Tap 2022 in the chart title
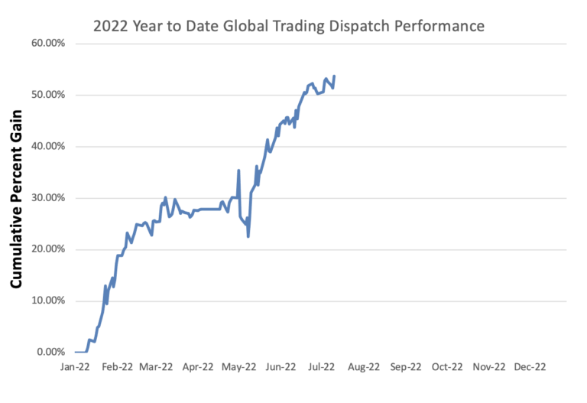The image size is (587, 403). [x=110, y=26]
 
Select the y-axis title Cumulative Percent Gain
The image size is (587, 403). [x=15, y=197]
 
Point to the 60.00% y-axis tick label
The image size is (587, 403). [x=47, y=43]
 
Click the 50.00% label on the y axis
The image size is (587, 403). [x=47, y=95]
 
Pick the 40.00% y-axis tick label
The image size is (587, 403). [x=47, y=146]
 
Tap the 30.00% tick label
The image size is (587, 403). [x=47, y=197]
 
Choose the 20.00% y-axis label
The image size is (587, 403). [x=47, y=249]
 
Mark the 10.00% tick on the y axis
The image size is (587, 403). [x=47, y=301]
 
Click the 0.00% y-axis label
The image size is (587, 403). [x=50, y=352]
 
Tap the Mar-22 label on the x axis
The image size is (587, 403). [x=157, y=368]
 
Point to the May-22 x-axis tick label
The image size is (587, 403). [x=239, y=368]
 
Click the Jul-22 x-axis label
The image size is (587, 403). [x=322, y=368]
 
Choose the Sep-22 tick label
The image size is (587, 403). [x=405, y=368]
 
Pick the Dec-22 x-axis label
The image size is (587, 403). [x=529, y=368]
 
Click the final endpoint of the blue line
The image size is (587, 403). [x=334, y=76]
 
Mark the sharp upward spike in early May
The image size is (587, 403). [x=239, y=171]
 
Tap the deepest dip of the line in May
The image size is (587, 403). [x=248, y=236]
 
